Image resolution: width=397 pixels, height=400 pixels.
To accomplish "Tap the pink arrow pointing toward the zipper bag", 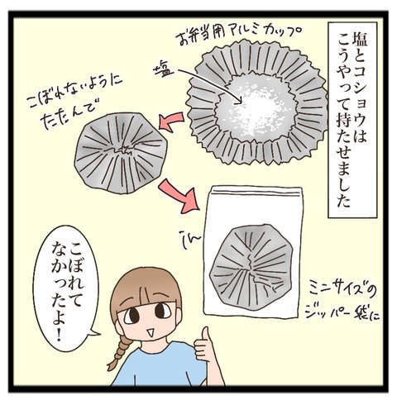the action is tap(179, 197).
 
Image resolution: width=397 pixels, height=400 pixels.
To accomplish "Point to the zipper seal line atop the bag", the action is tap(255, 193).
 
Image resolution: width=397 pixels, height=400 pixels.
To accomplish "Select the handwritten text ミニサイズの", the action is tap(342, 292).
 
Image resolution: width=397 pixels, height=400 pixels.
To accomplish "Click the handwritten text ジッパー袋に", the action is tap(342, 312).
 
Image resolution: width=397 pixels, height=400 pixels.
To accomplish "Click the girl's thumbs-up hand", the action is tap(204, 345).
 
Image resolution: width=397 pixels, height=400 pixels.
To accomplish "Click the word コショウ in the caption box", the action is tap(360, 91).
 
